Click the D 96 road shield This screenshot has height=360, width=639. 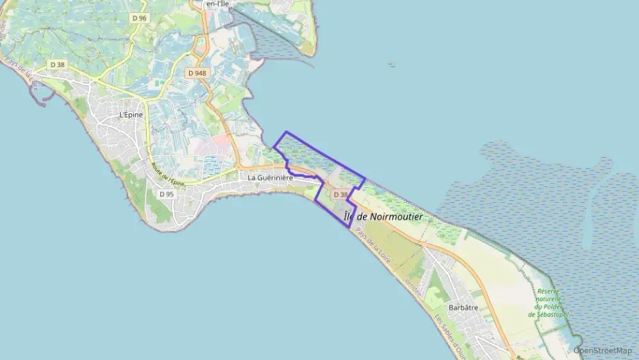click(139, 18)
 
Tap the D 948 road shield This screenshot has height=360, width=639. click(197, 72)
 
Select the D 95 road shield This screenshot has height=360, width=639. click(167, 194)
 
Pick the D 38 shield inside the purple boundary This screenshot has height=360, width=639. click(339, 195)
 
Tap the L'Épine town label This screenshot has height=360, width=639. click(130, 115)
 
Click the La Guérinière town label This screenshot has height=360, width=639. click(270, 178)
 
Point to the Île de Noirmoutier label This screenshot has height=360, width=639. click(382, 217)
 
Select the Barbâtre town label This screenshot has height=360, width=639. click(463, 308)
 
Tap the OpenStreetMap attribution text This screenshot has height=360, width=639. click(602, 350)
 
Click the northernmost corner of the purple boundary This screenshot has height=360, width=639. click(285, 132)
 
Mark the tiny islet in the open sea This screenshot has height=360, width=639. click(391, 65)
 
